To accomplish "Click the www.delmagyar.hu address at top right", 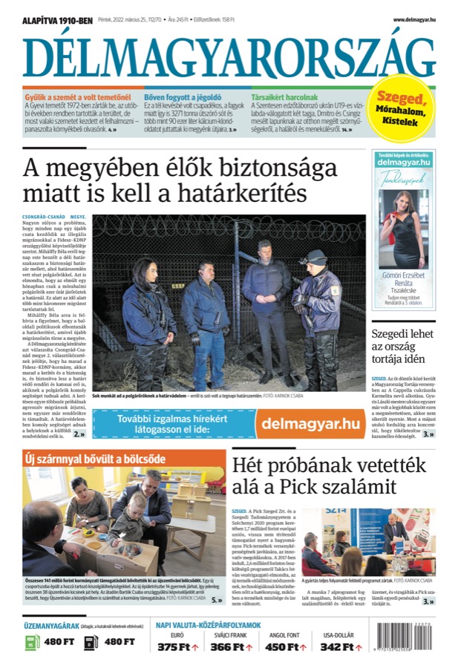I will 414,21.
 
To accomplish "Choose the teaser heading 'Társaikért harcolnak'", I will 284,97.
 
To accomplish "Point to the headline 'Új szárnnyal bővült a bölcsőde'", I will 95,458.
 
